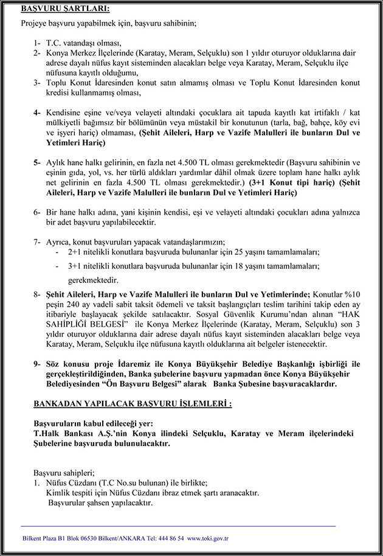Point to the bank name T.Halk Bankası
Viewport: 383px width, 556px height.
67,433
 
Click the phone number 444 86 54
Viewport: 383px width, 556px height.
168,539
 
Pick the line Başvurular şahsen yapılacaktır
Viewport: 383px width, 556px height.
100,503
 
